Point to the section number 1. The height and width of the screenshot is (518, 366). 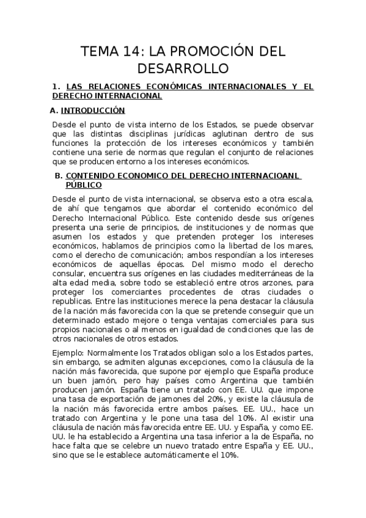click(x=55, y=87)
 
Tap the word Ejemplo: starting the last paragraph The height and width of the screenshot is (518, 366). click(x=69, y=352)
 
